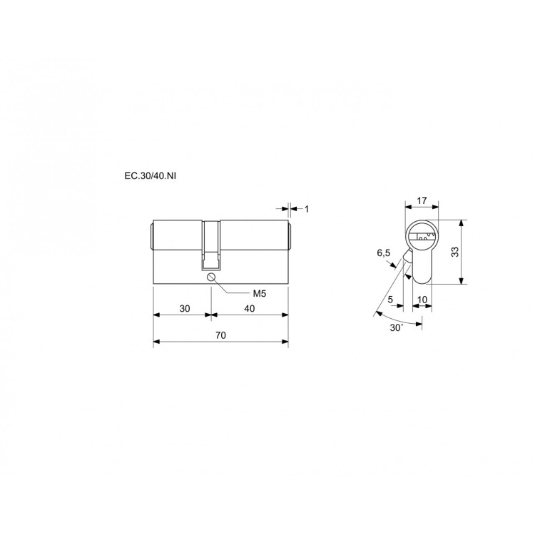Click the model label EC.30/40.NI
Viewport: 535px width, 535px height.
[151, 176]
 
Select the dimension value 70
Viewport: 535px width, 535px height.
[220, 335]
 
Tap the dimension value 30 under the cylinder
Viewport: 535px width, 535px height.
[185, 308]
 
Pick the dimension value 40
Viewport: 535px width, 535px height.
[250, 308]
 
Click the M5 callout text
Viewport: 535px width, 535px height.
[260, 293]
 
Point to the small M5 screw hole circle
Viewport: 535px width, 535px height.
[211, 277]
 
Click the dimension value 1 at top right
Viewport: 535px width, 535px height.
[307, 209]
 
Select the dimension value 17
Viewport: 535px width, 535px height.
[422, 200]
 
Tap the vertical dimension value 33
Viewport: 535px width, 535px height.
[455, 252]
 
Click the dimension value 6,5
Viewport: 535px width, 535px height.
[384, 253]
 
